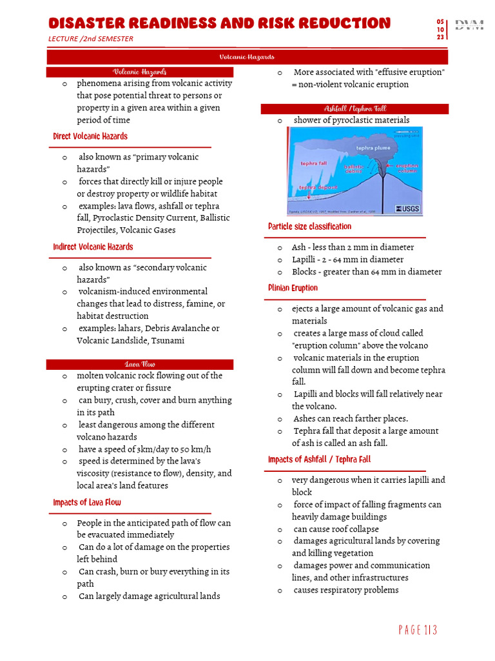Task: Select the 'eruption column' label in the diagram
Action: (407, 168)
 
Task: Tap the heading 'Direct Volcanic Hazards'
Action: (90, 137)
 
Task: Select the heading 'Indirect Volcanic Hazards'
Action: (93, 247)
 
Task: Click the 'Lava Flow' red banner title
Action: (139, 364)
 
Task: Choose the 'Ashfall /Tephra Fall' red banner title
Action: (354, 109)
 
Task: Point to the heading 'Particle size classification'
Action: (309, 227)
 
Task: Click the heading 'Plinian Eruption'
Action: (293, 289)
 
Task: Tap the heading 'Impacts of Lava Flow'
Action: (87, 503)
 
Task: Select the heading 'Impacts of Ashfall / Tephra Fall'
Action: (319, 460)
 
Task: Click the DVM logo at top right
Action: (469, 26)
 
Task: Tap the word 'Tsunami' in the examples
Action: (166, 341)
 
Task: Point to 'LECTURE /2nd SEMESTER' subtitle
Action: (91, 39)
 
